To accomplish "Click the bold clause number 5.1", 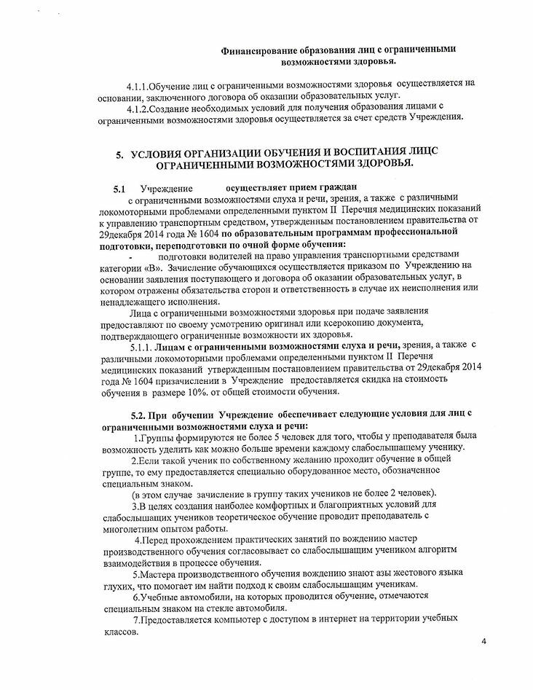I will coord(119,189).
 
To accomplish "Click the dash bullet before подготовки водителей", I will coord(130,259).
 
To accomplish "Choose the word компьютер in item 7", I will coord(236,618).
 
